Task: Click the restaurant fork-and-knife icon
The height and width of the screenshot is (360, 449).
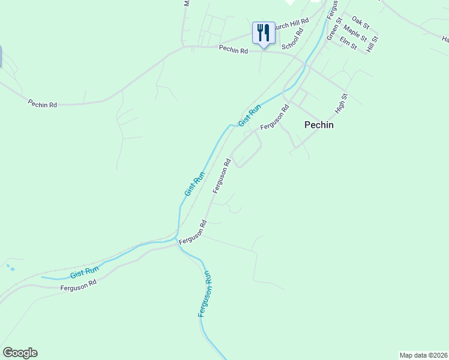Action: pos(264,33)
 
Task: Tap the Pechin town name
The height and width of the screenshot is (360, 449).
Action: pos(319,125)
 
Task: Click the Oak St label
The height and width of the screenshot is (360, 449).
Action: pos(361,23)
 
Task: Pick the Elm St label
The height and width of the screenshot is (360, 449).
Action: pos(348,43)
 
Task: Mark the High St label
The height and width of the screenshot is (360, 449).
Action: pos(343,104)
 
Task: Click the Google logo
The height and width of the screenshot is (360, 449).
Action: pos(20,353)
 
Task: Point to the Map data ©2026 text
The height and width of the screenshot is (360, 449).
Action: pos(424,355)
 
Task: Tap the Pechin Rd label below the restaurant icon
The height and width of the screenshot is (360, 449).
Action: pos(234,50)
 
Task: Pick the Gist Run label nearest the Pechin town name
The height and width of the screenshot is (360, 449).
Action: pos(250,115)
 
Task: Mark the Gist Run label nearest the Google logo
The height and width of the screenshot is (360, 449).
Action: pos(84,272)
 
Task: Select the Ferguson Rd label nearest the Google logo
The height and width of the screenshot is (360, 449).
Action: pos(79,287)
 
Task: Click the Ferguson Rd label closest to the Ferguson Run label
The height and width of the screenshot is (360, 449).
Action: pos(193,232)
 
